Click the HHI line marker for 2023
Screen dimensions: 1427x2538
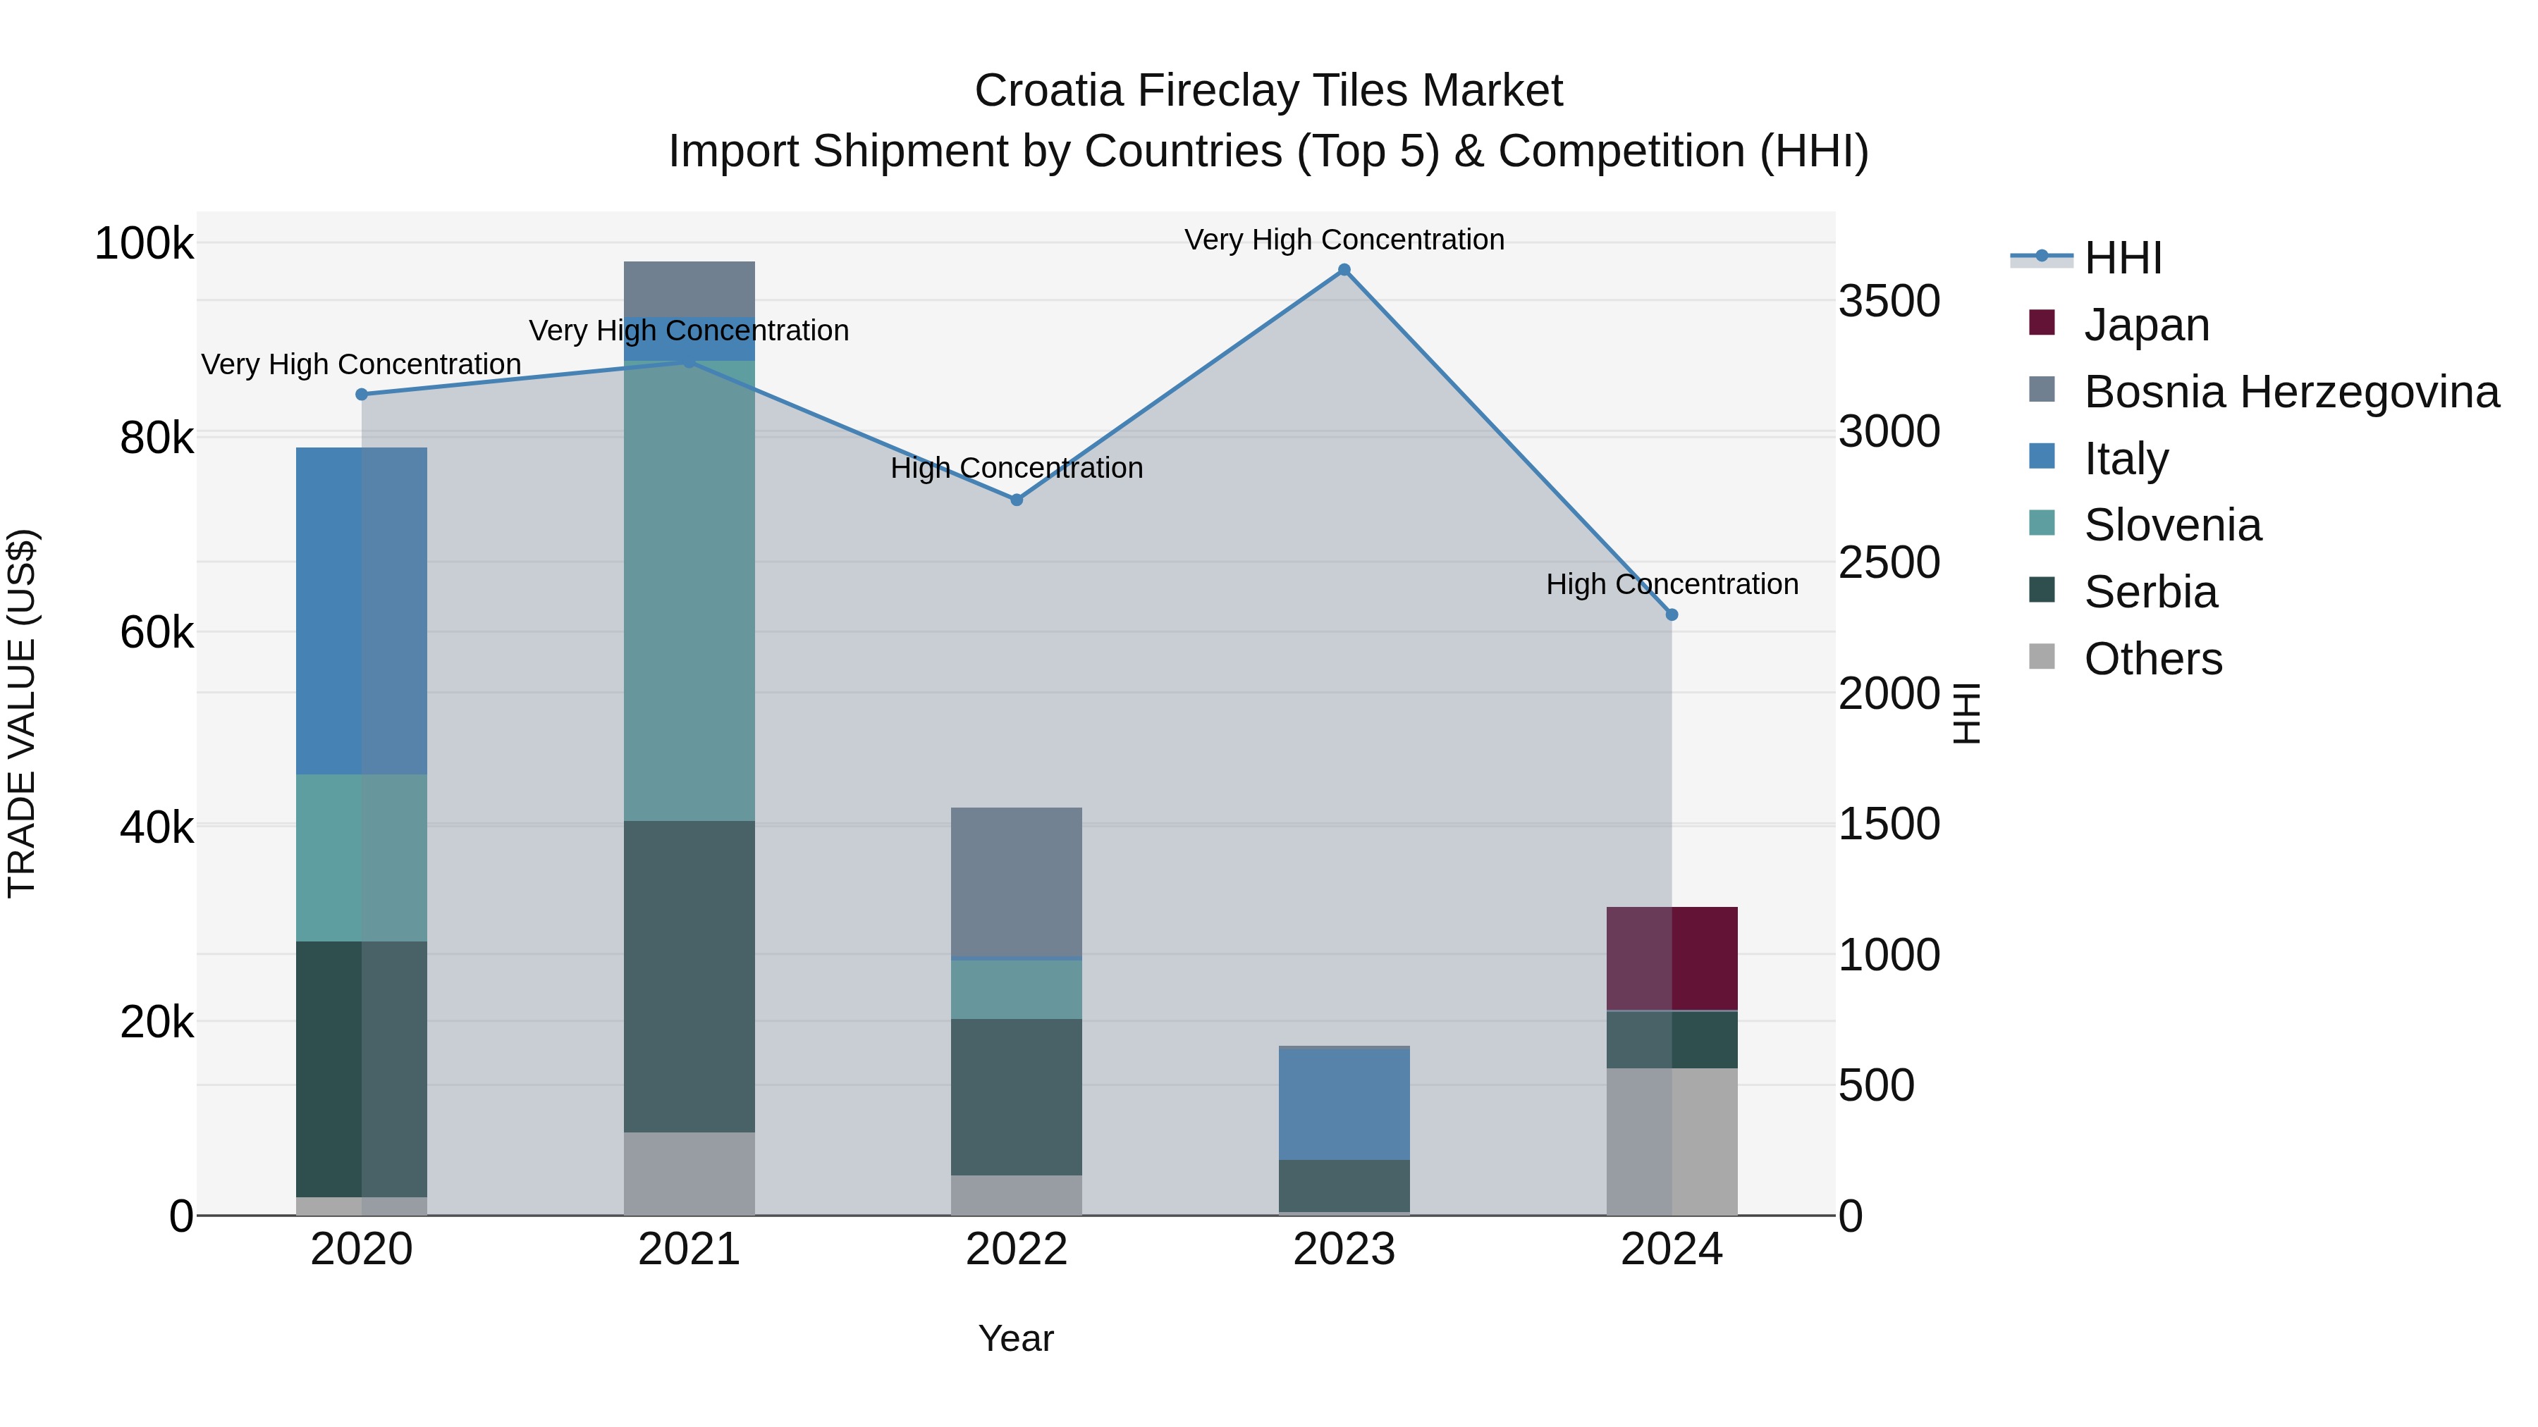coord(1344,270)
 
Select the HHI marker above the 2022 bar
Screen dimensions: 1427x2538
coord(1017,500)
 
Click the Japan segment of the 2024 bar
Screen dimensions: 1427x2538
coord(1672,958)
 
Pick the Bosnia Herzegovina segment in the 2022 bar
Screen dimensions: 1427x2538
coord(1017,882)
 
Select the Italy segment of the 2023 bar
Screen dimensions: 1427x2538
coord(1344,1104)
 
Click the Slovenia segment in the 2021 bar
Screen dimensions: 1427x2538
coord(689,591)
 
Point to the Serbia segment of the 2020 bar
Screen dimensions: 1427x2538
coord(362,1068)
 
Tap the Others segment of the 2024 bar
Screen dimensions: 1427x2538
coord(1672,1142)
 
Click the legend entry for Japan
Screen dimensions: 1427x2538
coord(2146,325)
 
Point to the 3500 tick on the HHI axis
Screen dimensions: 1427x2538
coord(1889,302)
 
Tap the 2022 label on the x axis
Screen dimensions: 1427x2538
coord(1017,1249)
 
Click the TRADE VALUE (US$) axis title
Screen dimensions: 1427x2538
coord(23,713)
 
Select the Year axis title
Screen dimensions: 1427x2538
coord(1016,1338)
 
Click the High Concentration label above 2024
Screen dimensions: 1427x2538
coord(1672,584)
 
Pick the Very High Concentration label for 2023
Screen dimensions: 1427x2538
coord(1344,240)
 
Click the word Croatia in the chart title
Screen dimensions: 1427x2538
coord(1048,91)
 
